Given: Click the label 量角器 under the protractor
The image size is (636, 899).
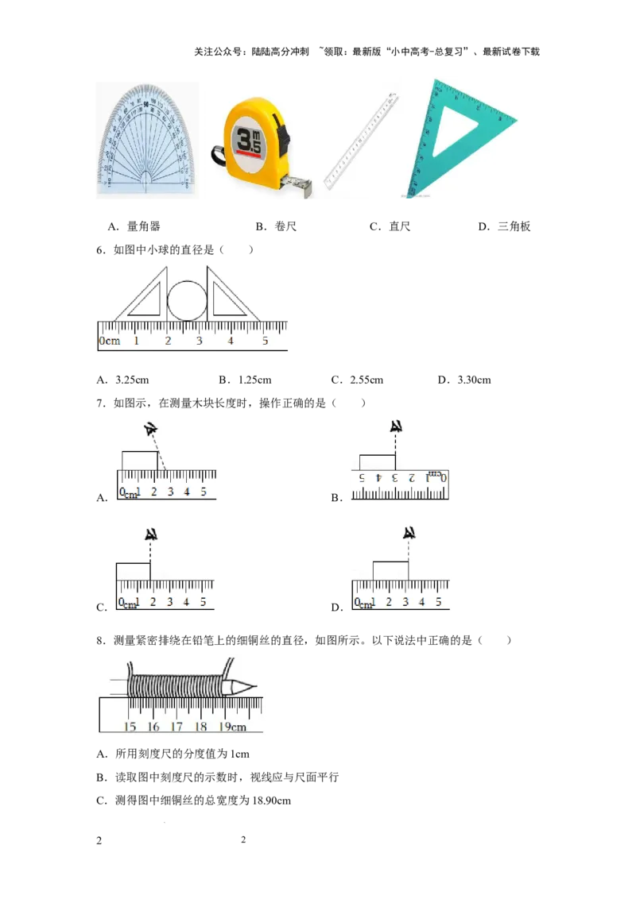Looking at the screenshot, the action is pos(144,226).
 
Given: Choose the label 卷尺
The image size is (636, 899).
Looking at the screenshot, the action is pos(285,226).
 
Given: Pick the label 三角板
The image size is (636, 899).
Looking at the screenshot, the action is pos(514,226).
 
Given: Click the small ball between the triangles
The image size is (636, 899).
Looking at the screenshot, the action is pos(187,300).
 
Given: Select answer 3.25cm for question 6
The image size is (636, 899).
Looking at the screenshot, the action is pos(132,380).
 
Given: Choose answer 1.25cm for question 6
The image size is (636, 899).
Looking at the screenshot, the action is pos(255,380).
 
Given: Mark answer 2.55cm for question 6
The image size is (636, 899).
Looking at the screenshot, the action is pos(366,380).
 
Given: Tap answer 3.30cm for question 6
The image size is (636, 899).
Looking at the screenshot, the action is pos(474,380).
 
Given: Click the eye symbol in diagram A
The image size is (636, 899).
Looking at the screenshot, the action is pos(151,429).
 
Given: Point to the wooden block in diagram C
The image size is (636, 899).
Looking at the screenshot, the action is pos(134,572).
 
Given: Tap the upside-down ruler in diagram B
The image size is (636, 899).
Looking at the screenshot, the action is pos(400,485).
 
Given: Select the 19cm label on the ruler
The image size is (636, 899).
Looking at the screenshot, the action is pos(232,727).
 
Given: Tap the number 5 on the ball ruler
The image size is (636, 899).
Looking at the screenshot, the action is pos(266,341).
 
